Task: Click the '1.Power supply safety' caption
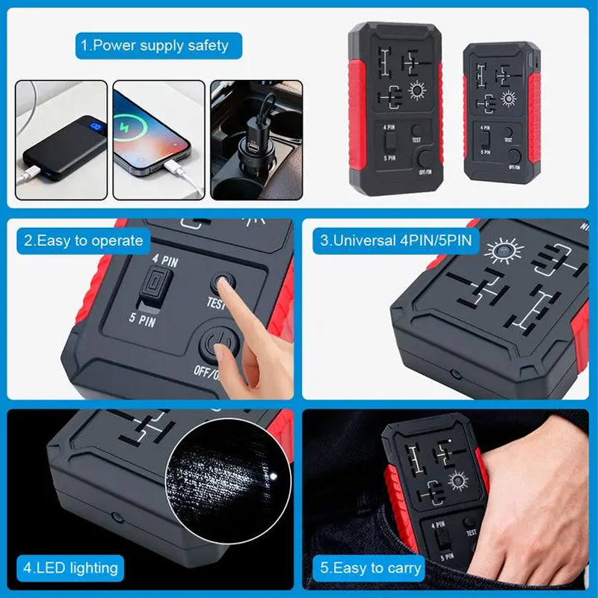pos(154,46)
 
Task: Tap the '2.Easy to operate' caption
pos(83,241)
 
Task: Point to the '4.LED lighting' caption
pos(70,567)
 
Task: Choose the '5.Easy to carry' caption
pos(371,567)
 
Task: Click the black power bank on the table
pos(64,149)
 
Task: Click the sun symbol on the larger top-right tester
pos(416,91)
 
